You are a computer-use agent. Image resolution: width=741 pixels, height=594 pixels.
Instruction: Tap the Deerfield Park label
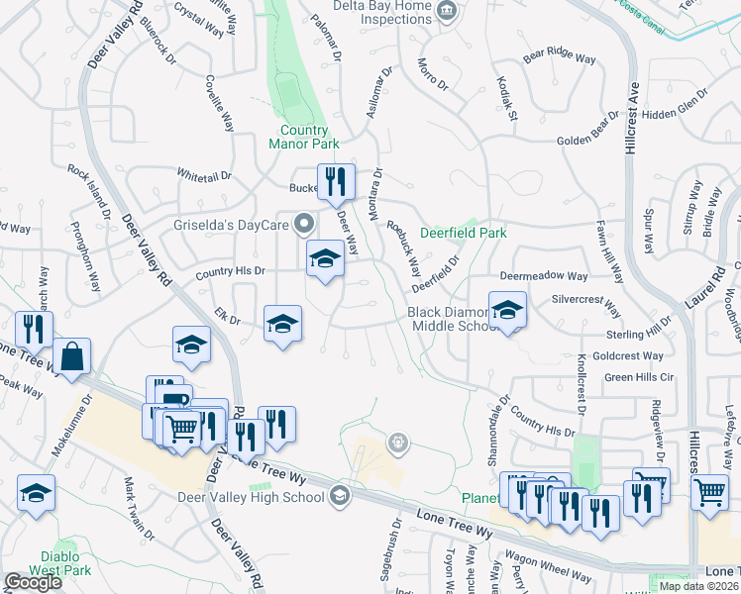click(x=463, y=234)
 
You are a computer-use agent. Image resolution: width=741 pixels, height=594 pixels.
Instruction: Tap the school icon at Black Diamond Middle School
click(x=507, y=310)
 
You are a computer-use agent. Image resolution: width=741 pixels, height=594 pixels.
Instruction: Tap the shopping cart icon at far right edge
click(x=709, y=491)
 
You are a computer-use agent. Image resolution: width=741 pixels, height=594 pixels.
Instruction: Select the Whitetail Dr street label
click(x=204, y=175)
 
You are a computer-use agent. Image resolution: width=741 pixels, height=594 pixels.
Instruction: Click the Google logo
click(x=33, y=582)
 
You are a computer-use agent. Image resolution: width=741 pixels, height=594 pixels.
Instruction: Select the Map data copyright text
click(x=699, y=586)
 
